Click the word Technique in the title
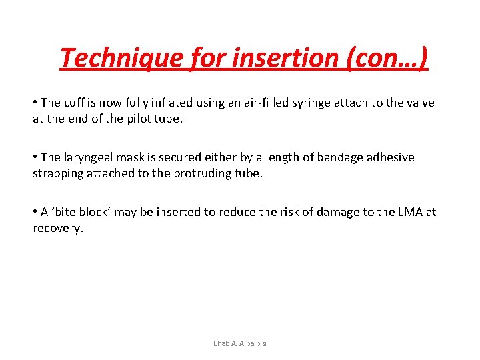(x=119, y=58)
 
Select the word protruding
(x=230, y=173)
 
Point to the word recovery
(x=58, y=228)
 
